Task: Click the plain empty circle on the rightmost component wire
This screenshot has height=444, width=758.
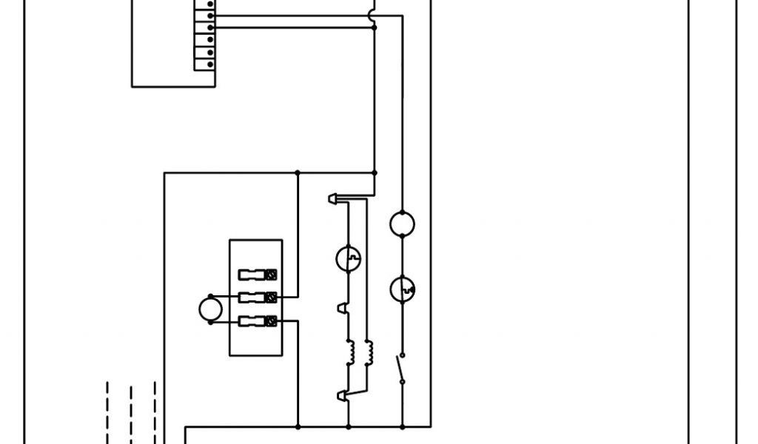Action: pos(402,223)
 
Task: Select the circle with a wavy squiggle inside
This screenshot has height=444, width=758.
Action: pos(402,289)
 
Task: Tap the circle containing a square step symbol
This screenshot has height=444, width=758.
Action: pos(348,258)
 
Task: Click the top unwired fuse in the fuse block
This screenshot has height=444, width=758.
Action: pos(258,275)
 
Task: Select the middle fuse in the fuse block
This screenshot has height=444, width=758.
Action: pos(258,297)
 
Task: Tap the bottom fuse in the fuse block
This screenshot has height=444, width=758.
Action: pos(258,321)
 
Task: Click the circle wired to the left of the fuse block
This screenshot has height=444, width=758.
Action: pos(210,309)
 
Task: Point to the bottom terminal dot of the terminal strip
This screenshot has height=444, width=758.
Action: pos(211,64)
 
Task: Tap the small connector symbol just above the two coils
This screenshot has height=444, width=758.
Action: pos(341,307)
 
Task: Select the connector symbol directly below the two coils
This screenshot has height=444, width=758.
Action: pos(341,396)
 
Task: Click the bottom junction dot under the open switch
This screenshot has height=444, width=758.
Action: pos(402,427)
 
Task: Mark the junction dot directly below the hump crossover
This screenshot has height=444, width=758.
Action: pos(374,27)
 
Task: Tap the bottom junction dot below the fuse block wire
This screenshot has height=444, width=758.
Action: pos(298,427)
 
